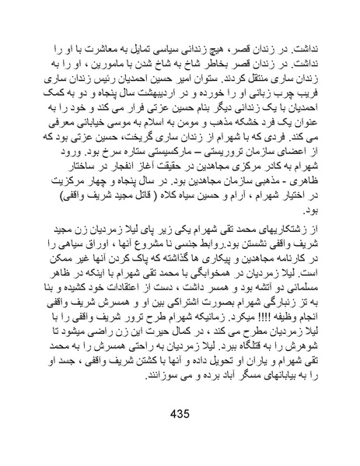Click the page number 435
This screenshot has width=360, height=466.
point(180,412)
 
